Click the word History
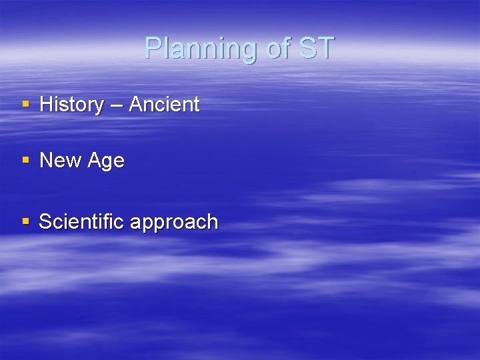pyautogui.click(x=72, y=105)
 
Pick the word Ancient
pyautogui.click(x=164, y=105)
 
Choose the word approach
pyautogui.click(x=174, y=223)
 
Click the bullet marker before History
pyautogui.click(x=26, y=105)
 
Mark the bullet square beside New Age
pyautogui.click(x=26, y=161)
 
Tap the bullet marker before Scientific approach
pyautogui.click(x=26, y=221)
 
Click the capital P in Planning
pyautogui.click(x=153, y=48)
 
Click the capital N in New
pyautogui.click(x=46, y=161)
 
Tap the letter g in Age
pyautogui.click(x=107, y=163)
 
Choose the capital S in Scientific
pyautogui.click(x=45, y=221)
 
